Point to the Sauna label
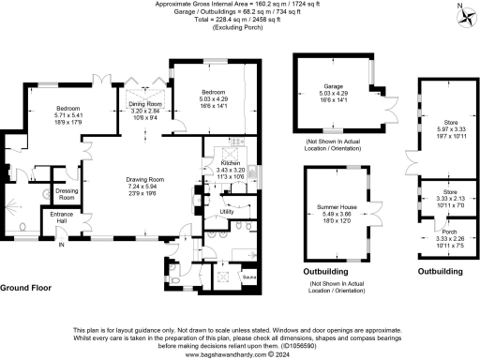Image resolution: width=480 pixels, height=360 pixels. [250, 277]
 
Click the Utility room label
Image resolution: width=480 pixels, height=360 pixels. [226, 212]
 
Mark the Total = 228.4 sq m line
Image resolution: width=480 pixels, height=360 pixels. [240, 20]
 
